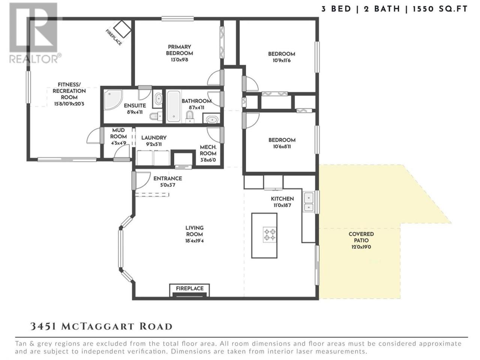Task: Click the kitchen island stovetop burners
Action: [x=270, y=234]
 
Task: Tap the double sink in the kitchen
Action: [x=308, y=202]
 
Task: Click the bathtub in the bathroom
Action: [x=174, y=106]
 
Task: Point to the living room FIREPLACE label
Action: [x=190, y=288]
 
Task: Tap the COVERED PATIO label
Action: [x=361, y=237]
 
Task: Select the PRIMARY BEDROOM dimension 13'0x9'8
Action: [x=179, y=60]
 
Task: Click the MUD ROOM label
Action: [x=118, y=133]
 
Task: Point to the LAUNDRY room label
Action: [x=154, y=138]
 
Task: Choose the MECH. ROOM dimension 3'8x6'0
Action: [x=208, y=160]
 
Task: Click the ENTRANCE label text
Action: [x=168, y=178]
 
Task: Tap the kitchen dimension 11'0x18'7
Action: [x=282, y=205]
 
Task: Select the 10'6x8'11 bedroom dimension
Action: [x=282, y=147]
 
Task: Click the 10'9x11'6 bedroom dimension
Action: [x=282, y=60]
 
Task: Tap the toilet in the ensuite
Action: [x=156, y=116]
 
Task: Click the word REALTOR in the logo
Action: [x=33, y=59]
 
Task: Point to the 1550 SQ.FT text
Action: [x=440, y=9]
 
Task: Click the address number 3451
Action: [x=43, y=326]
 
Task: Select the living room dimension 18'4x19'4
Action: [x=194, y=241]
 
